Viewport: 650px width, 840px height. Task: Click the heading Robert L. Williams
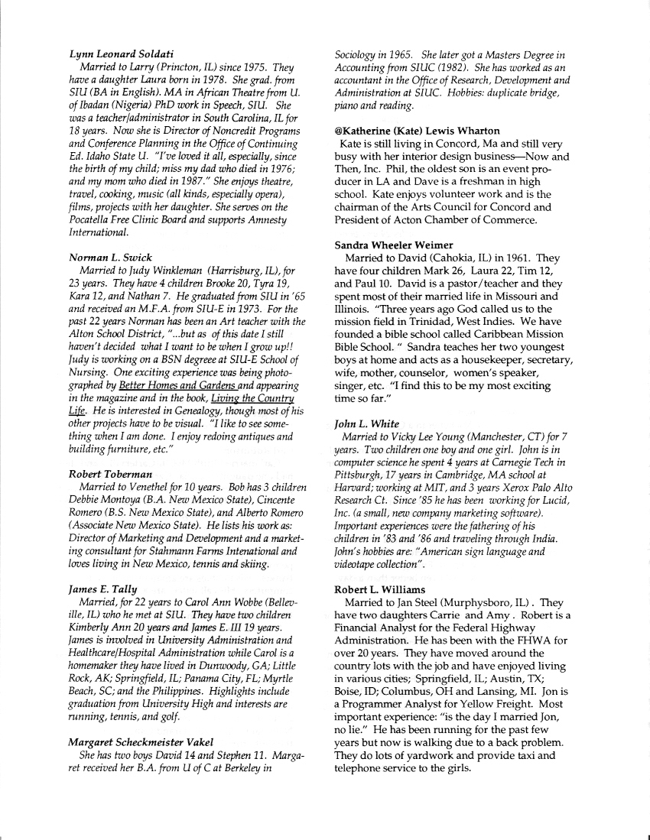[x=378, y=589]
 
